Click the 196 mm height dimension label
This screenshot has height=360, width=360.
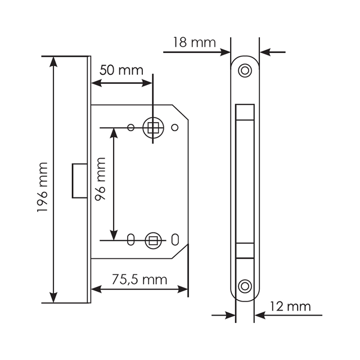[x=42, y=187]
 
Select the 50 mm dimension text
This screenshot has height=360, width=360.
[x=121, y=70]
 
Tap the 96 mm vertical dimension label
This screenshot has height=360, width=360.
[x=100, y=179]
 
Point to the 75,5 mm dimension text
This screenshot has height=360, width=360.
[x=139, y=280]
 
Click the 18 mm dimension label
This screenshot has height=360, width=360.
[x=194, y=43]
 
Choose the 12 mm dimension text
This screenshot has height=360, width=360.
[x=290, y=306]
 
